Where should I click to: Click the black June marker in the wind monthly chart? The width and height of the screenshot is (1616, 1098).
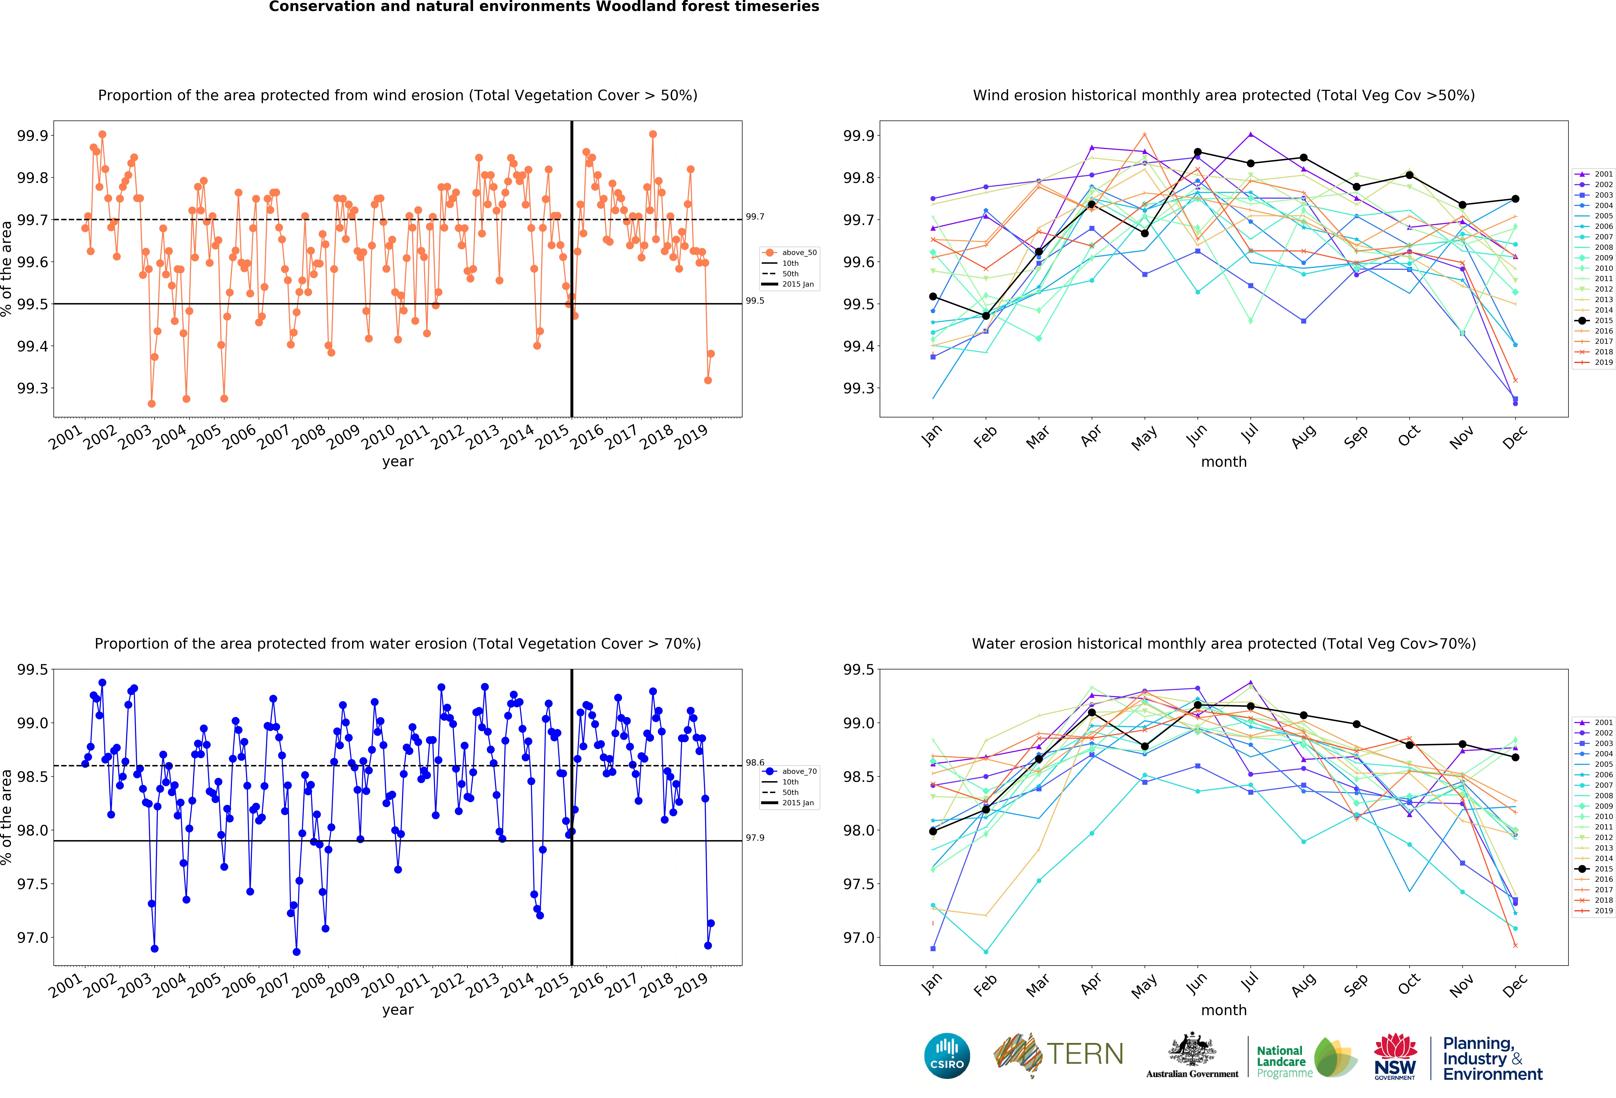click(x=1197, y=152)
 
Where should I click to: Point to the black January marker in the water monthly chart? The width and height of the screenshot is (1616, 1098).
click(x=933, y=831)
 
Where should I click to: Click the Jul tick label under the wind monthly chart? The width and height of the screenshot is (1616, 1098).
click(x=1249, y=434)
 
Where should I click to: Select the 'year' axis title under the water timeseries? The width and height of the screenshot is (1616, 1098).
click(x=398, y=1010)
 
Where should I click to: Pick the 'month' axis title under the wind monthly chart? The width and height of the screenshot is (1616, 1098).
click(x=1224, y=462)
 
